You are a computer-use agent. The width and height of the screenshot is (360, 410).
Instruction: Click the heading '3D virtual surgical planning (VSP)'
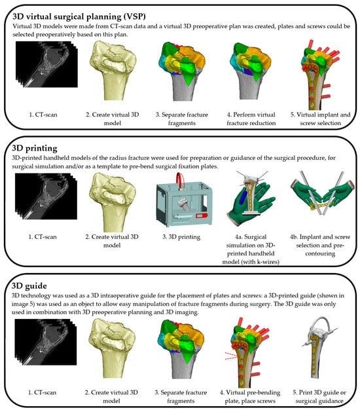[79, 16]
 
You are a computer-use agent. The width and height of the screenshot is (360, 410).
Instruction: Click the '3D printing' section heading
[35, 148]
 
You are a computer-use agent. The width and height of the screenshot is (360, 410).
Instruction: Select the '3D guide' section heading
[29, 286]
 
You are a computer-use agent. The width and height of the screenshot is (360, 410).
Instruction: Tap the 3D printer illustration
[184, 200]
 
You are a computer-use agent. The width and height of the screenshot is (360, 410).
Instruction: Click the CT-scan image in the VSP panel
[46, 64]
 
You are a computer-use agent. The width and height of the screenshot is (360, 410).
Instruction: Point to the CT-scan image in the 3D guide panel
[45, 342]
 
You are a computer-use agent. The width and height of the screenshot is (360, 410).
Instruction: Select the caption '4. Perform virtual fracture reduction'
[251, 119]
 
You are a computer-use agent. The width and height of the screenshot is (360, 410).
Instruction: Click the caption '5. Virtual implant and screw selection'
[320, 119]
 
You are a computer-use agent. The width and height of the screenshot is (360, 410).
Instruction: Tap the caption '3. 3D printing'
[181, 237]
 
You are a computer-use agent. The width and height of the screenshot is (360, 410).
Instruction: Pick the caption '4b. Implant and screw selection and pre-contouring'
[320, 245]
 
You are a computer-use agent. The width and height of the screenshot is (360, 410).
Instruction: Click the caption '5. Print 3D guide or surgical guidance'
[319, 396]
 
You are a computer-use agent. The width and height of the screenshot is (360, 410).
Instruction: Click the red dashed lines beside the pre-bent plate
[232, 356]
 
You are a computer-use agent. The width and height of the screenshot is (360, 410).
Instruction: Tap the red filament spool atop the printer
[180, 180]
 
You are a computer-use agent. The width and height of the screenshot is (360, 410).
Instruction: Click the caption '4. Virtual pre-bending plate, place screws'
[250, 396]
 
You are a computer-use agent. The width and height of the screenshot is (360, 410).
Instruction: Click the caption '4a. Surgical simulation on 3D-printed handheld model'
[251, 249]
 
